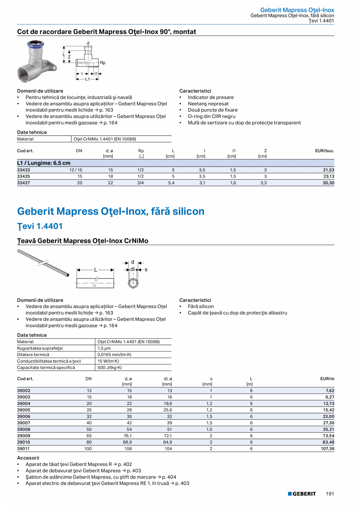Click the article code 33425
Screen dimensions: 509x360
point(23,176)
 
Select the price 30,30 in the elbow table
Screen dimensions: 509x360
point(328,183)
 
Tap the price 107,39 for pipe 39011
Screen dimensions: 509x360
point(328,449)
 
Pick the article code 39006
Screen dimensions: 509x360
point(23,417)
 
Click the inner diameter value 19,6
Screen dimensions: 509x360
point(167,404)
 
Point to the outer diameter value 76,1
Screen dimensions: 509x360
point(127,436)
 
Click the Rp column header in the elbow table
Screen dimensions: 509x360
point(141,151)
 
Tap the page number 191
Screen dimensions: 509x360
point(330,494)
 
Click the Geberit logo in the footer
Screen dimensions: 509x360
point(302,494)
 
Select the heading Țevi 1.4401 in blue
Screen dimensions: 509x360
point(40,226)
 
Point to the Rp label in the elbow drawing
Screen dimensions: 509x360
point(103,63)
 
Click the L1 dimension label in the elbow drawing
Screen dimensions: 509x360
point(88,79)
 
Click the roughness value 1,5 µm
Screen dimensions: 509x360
point(104,348)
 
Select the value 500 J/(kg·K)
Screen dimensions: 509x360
point(109,367)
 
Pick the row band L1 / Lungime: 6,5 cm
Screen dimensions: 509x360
point(44,163)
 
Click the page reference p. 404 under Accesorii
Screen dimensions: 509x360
point(169,477)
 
